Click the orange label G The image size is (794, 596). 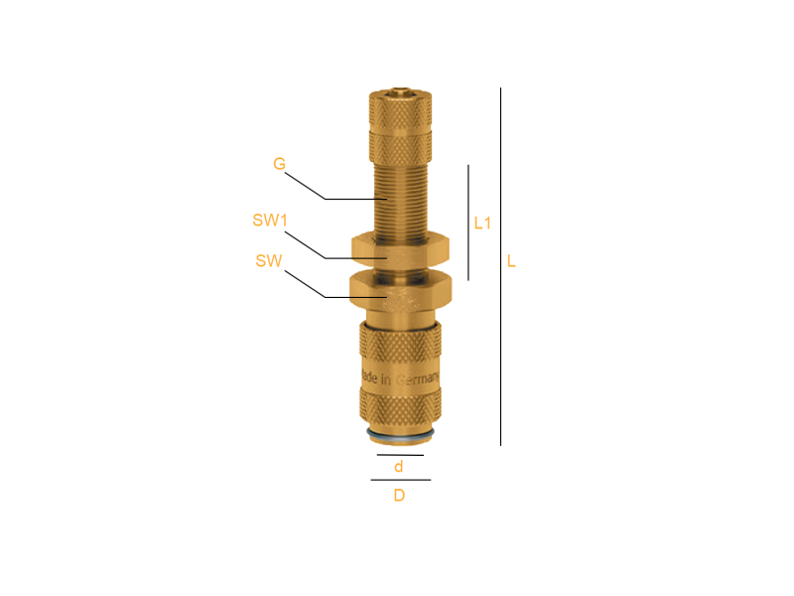[x=279, y=164]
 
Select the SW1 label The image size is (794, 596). [x=270, y=221]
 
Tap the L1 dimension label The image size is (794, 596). [x=482, y=223]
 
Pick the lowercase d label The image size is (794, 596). [x=399, y=466]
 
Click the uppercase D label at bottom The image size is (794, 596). [x=399, y=495]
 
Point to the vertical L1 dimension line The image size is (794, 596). [x=468, y=223]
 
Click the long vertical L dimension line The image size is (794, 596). [x=501, y=266]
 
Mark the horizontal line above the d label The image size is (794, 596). [x=400, y=455]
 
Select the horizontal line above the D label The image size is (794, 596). [x=401, y=480]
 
